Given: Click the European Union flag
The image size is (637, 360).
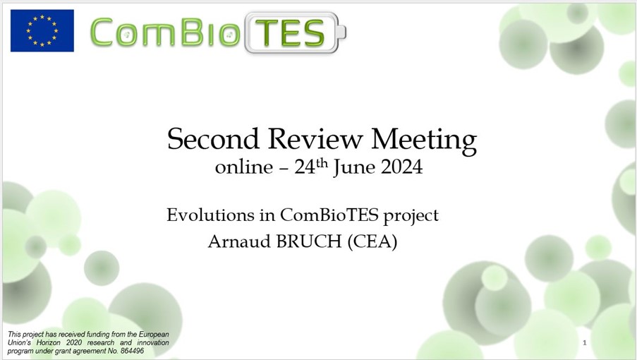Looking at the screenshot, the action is coord(42,31).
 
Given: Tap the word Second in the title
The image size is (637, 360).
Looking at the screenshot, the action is coord(213,138).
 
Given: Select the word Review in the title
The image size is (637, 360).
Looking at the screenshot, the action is coord(315,138).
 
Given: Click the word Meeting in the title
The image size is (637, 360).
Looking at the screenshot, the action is coord(424,140).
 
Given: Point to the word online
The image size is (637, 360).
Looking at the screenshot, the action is coord(244,167).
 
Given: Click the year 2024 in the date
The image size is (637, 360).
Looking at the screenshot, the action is coord(401,167).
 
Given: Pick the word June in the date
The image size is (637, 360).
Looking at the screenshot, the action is coord(353,168).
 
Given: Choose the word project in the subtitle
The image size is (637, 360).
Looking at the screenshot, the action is coord(411,216).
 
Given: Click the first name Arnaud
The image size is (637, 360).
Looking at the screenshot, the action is coord(239,241).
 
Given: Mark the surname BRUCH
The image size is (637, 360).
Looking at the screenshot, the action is coord(309,241).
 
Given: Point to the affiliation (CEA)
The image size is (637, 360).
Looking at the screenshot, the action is coord(372,241).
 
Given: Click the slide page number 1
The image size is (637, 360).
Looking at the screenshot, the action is coord(585,342).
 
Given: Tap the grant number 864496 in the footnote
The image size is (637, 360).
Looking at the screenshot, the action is coord(132,351).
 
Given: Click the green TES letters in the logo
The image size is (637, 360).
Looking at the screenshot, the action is coord(289,33).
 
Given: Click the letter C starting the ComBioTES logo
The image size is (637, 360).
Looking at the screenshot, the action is coord(101,32).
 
